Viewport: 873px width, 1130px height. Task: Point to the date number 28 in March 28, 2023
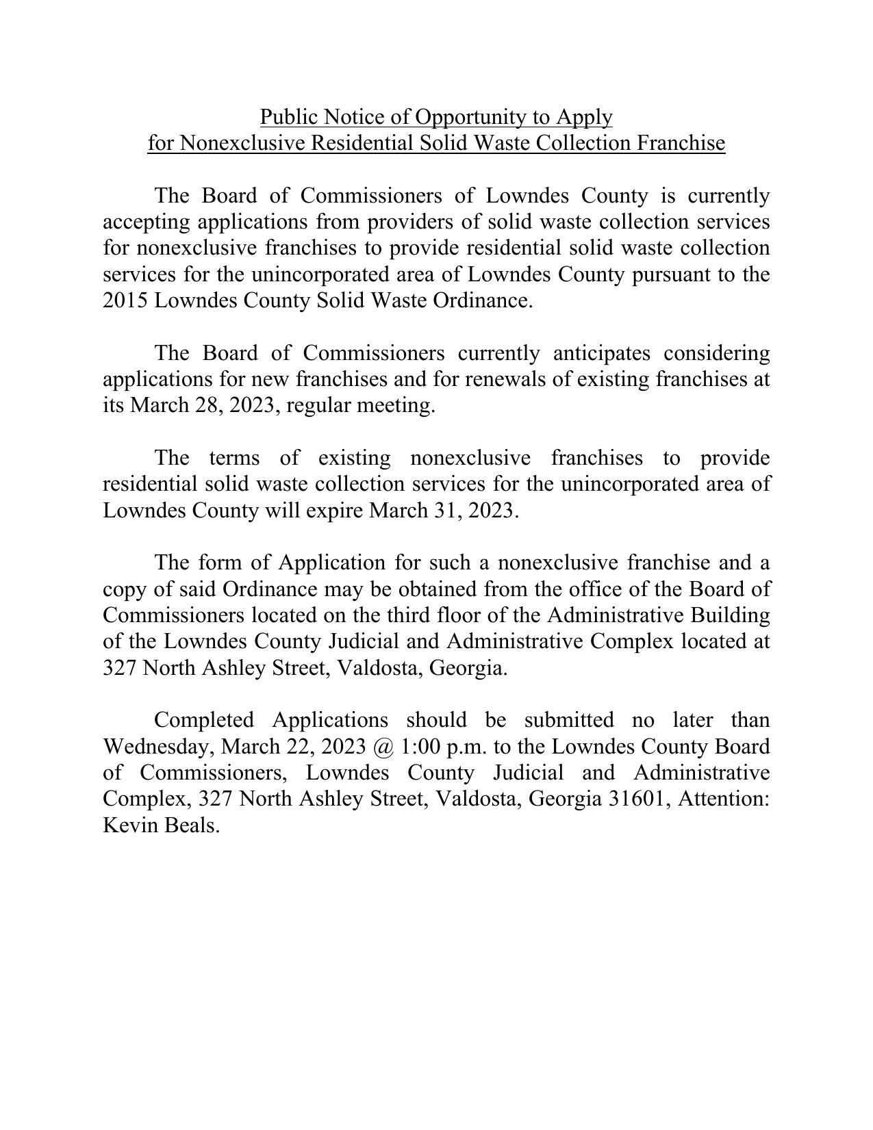(207, 405)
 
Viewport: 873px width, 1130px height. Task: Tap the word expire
(333, 511)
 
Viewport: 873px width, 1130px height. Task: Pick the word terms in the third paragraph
(236, 458)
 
